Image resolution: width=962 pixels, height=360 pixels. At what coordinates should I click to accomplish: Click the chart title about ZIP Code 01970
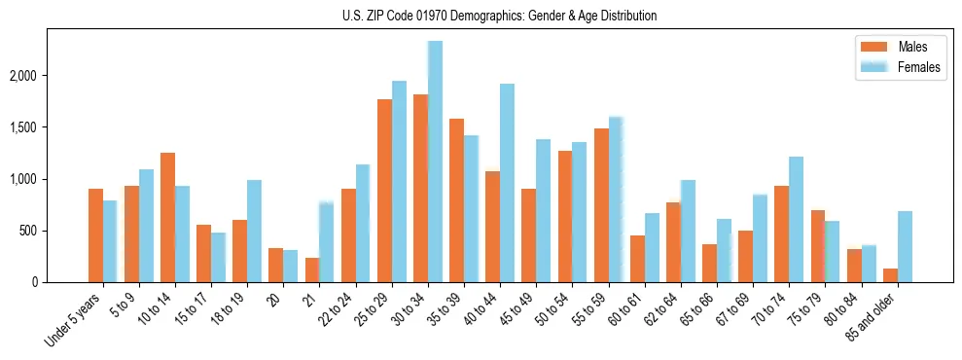pyautogui.click(x=499, y=16)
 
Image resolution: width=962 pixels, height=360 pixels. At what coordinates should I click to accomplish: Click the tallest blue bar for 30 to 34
pyautogui.click(x=435, y=162)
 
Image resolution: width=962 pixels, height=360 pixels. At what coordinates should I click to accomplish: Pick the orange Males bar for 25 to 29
pyautogui.click(x=384, y=191)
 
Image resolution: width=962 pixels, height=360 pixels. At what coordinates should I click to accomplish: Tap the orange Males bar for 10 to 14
pyautogui.click(x=167, y=217)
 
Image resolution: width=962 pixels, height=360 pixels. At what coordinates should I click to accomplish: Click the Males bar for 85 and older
pyautogui.click(x=890, y=275)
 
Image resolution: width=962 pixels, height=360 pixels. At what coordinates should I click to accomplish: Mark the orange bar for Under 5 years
pyautogui.click(x=95, y=235)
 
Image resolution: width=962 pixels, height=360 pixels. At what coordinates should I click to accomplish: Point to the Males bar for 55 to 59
pyautogui.click(x=601, y=205)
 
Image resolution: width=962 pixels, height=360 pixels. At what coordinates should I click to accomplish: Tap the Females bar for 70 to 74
pyautogui.click(x=796, y=219)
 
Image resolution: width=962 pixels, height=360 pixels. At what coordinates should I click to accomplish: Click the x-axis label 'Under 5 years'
pyautogui.click(x=74, y=322)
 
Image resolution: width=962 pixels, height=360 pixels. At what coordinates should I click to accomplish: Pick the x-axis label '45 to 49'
pyautogui.click(x=517, y=314)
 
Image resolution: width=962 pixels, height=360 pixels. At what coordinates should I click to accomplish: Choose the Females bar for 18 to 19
pyautogui.click(x=254, y=231)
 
